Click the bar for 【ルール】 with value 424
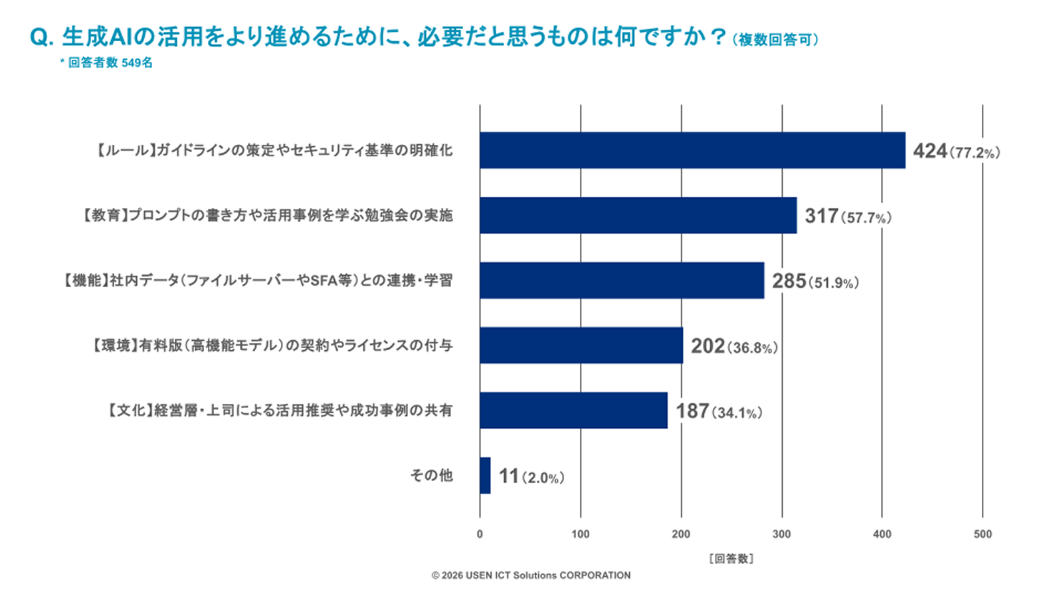tap(692, 150)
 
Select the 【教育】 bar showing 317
tap(638, 215)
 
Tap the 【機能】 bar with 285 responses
tap(622, 280)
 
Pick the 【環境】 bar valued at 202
tap(581, 346)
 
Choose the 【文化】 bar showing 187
tap(574, 411)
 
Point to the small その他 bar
tap(485, 476)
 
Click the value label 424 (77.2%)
tap(957, 151)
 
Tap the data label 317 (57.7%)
tap(848, 217)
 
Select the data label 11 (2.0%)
tap(531, 476)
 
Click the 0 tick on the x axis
tap(480, 534)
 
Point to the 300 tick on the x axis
tap(781, 534)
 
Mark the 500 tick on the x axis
tap(983, 534)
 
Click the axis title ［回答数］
tap(731, 559)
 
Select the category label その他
tap(431, 475)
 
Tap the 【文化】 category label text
tap(280, 410)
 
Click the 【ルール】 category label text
tap(274, 150)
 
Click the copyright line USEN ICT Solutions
tap(531, 575)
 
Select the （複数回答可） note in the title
tap(775, 40)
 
